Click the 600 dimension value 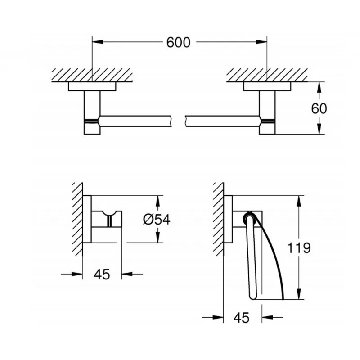178,42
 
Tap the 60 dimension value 319,108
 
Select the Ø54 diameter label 157,219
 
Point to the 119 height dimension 299,248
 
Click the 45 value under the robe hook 102,274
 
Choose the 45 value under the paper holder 241,318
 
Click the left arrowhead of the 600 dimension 97,42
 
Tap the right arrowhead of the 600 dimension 261,42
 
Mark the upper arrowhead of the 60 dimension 319,87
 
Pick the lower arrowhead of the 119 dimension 298,294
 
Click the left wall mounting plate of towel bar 92,86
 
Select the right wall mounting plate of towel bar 267,86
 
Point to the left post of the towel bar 92,112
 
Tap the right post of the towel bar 267,112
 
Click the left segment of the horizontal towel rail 136,121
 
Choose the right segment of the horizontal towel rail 222,121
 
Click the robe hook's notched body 107,219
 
